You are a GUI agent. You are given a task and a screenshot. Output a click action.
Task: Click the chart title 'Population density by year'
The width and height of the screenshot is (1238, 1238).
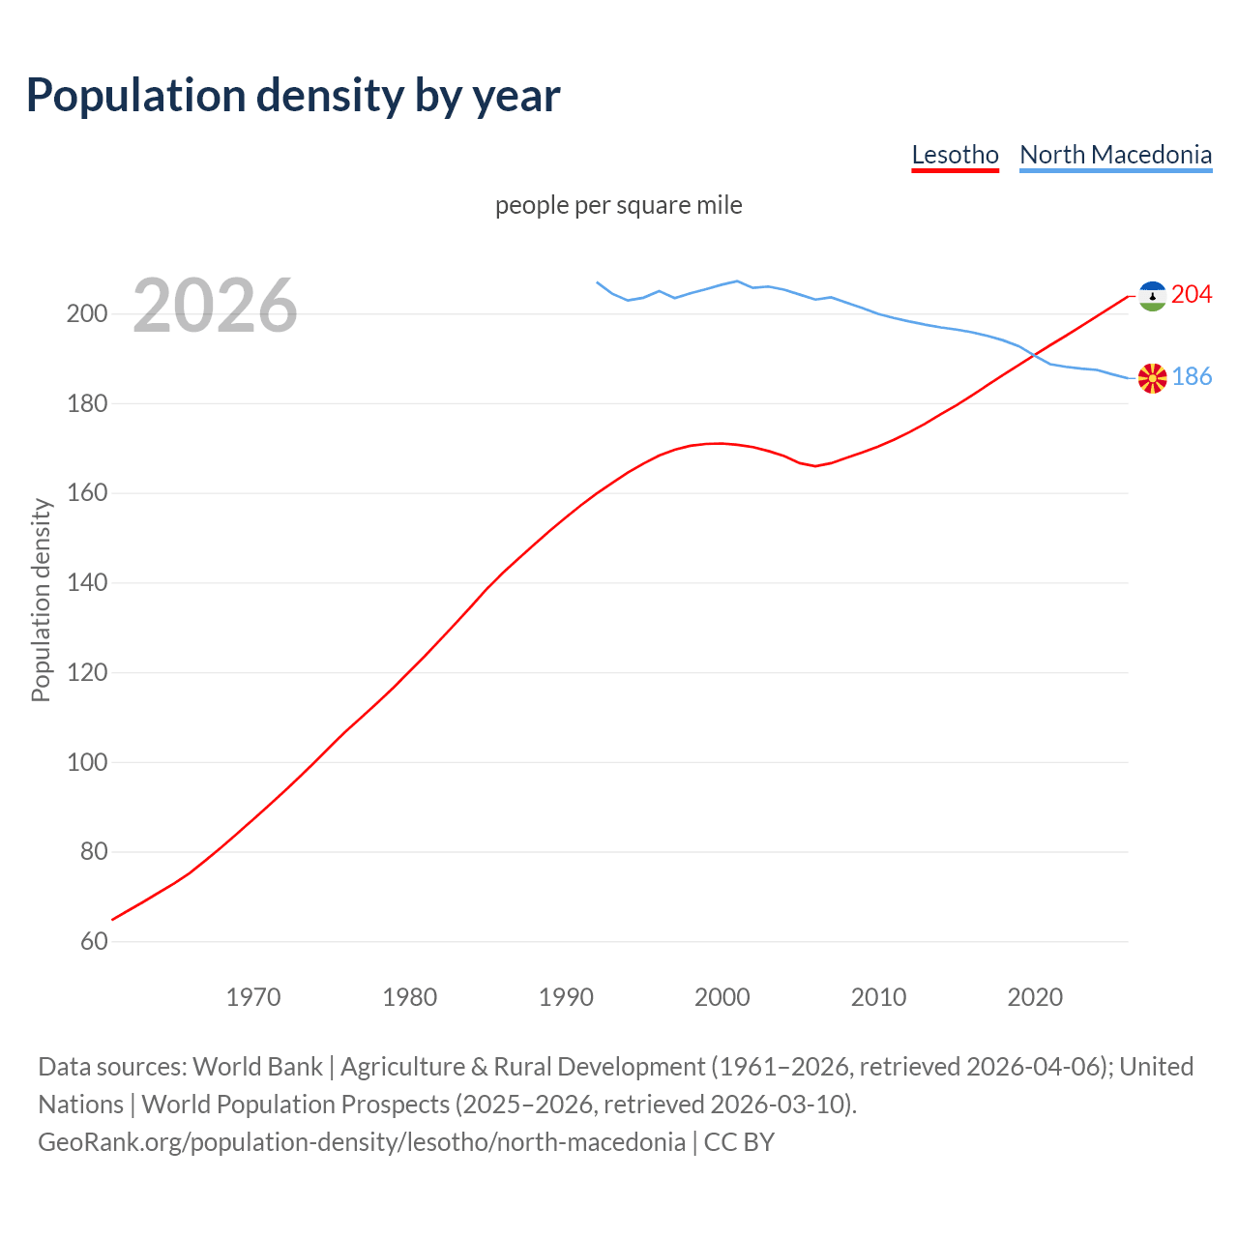pos(293,95)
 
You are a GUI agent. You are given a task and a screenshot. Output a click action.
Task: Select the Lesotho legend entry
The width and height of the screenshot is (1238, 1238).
pos(955,155)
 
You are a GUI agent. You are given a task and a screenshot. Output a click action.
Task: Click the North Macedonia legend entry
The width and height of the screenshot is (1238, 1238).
pos(1115,155)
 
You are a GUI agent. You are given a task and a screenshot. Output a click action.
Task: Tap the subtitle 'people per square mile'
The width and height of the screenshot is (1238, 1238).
pos(619,205)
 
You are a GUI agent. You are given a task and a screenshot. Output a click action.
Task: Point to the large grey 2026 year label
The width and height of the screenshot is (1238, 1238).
pos(215,306)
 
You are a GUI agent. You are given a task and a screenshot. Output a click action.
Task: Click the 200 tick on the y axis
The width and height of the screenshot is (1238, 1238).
pos(86,313)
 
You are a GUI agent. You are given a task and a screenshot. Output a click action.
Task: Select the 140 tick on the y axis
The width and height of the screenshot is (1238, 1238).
pos(86,582)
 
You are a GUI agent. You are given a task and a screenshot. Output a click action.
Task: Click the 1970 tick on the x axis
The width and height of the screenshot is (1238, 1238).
pos(253,996)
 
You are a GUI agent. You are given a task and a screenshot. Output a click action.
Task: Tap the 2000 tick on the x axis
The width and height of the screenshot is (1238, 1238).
pos(722,996)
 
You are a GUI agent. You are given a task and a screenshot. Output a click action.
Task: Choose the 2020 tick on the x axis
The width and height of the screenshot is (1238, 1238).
pos(1035,996)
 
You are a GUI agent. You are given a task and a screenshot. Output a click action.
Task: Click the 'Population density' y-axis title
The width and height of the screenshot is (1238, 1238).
pos(41,600)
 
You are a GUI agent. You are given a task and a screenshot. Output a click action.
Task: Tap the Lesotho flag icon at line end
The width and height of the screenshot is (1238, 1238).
pos(1152,296)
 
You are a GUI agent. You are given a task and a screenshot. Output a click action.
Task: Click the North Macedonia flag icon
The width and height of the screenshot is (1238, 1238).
pos(1152,378)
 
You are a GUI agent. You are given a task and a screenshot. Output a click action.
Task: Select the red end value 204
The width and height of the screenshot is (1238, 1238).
pos(1192,294)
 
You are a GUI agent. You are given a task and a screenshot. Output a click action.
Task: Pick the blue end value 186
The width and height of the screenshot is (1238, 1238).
pos(1192,376)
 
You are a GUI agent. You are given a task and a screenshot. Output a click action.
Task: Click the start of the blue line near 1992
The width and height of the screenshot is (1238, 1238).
pos(598,282)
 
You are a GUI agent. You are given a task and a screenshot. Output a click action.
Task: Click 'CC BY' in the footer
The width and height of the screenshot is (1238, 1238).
pos(739,1141)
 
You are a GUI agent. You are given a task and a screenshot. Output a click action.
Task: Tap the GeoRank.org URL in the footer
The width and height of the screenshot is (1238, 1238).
pos(362,1141)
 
